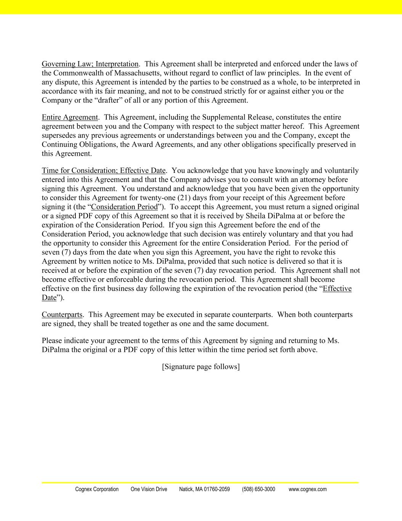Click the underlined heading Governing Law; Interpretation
coord(90,64)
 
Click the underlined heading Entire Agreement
coord(70,117)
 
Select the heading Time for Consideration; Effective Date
coord(104,171)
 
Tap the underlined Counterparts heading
coord(62,315)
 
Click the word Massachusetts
coord(137,73)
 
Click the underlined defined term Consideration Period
coord(124,207)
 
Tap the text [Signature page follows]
coord(201,367)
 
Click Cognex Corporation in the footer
coord(97,489)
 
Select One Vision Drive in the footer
coord(149,489)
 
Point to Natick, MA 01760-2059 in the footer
coord(204,489)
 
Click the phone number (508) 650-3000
coord(258,489)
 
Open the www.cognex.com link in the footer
coord(308,489)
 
